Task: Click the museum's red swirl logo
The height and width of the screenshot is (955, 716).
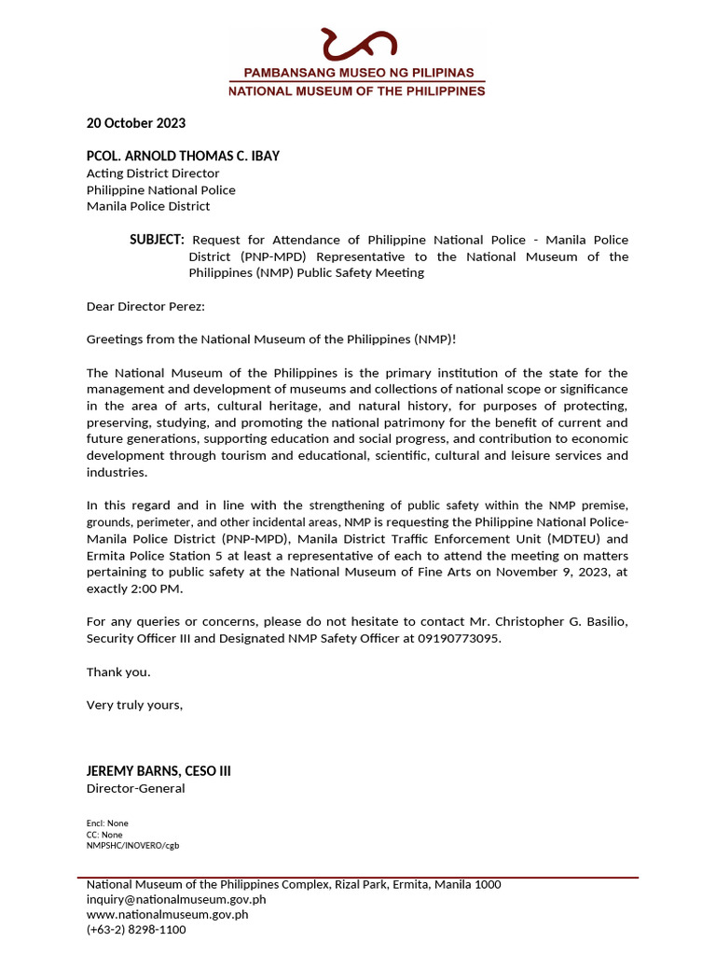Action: pyautogui.click(x=358, y=44)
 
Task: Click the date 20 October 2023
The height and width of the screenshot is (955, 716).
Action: pyautogui.click(x=136, y=123)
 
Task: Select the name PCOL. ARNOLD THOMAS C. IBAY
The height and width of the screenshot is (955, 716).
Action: pyautogui.click(x=183, y=156)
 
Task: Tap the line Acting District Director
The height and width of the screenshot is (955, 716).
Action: pyautogui.click(x=153, y=173)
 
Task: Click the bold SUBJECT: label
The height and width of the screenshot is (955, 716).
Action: pyautogui.click(x=157, y=240)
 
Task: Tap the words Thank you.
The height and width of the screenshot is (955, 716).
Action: pyautogui.click(x=118, y=672)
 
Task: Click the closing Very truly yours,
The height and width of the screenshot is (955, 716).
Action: pyautogui.click(x=135, y=705)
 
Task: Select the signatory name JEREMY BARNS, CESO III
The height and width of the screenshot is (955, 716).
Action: pyautogui.click(x=158, y=771)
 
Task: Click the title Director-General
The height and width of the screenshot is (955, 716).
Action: pyautogui.click(x=135, y=789)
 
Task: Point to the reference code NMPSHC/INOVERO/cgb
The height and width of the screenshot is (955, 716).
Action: pyautogui.click(x=132, y=846)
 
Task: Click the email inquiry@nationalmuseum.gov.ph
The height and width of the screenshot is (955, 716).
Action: pyautogui.click(x=176, y=900)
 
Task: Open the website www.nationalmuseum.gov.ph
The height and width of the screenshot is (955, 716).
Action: pyautogui.click(x=167, y=915)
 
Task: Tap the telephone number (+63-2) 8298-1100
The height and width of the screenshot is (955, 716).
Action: pyautogui.click(x=136, y=930)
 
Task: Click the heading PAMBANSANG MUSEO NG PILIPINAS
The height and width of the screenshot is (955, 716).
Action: pyautogui.click(x=359, y=73)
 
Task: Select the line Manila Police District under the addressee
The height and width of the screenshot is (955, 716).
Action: pyautogui.click(x=148, y=206)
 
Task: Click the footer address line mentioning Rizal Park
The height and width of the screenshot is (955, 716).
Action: pyautogui.click(x=294, y=885)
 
